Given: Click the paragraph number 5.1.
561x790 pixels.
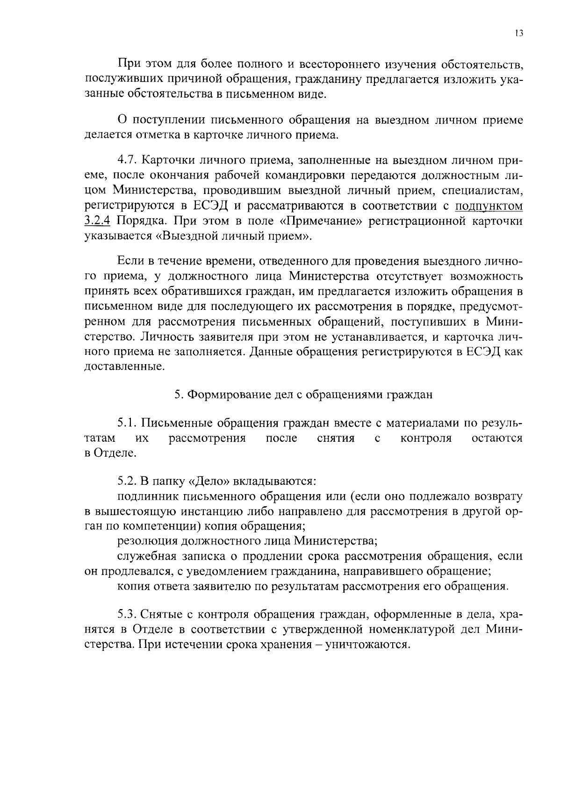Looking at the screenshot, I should point(126,424).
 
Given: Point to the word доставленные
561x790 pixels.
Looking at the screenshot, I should point(124,367).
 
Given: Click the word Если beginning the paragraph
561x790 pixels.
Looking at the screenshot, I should point(129,261).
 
